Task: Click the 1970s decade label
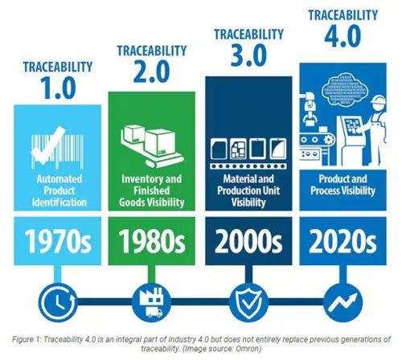(x=58, y=241)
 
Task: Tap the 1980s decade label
(x=152, y=241)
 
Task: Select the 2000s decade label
(x=248, y=241)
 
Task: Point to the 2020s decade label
(x=343, y=241)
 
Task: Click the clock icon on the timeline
(x=58, y=302)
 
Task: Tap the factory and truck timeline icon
(x=152, y=302)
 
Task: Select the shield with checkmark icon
(x=248, y=302)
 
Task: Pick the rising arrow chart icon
(x=343, y=302)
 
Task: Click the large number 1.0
(x=59, y=88)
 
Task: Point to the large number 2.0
(x=152, y=72)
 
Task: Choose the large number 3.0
(x=248, y=55)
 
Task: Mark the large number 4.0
(x=343, y=36)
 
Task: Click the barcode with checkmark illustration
(x=57, y=148)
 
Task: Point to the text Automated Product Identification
(x=59, y=190)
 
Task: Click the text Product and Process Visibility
(x=343, y=185)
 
